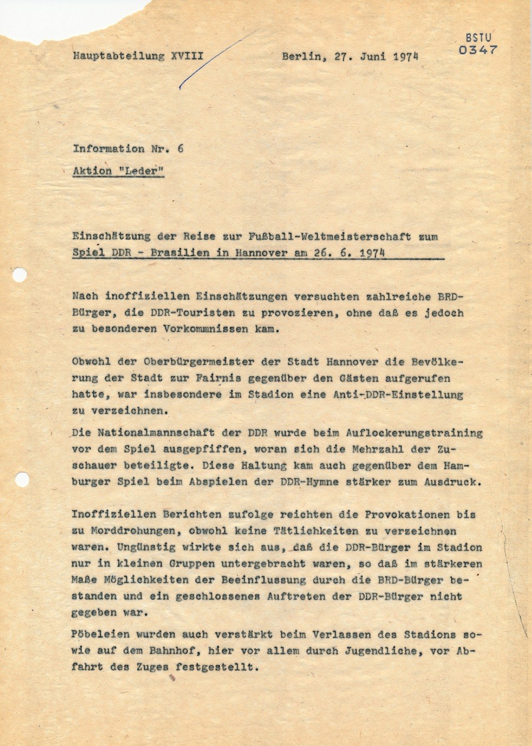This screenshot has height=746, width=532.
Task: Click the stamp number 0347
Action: (x=477, y=50)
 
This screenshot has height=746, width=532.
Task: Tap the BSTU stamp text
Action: (x=478, y=38)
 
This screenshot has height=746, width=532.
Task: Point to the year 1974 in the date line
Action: (x=405, y=57)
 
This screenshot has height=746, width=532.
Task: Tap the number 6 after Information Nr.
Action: (x=180, y=149)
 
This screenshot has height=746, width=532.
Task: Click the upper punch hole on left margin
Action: (x=20, y=275)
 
